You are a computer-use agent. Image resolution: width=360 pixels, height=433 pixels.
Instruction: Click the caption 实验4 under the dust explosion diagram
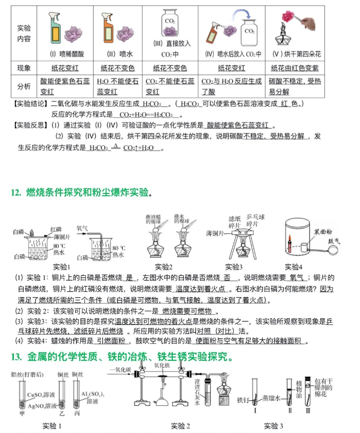pyautogui.click(x=294, y=267)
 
